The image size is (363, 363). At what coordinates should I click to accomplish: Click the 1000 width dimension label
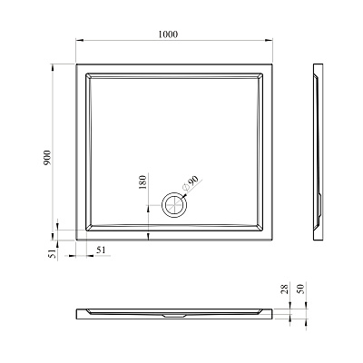point(168,34)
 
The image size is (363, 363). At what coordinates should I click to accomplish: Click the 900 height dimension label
point(48,157)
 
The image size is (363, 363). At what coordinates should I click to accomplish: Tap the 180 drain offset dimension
point(142,182)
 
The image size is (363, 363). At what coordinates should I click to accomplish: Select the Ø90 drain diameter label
point(191,183)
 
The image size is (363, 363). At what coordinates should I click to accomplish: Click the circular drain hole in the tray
point(174,204)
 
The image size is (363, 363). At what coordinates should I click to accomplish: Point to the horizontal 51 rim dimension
point(102,250)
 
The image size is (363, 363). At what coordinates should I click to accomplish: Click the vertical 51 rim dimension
point(53,253)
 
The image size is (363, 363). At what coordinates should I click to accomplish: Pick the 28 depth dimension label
point(285,289)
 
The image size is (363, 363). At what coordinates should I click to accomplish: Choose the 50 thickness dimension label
point(301,289)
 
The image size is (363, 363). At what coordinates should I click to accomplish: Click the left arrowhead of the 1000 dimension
point(79,40)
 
